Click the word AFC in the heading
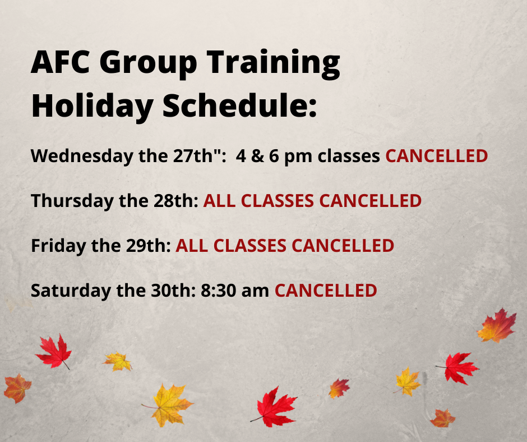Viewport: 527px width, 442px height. tap(61, 62)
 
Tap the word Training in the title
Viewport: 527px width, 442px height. tap(273, 65)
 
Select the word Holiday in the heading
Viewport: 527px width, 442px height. tap(93, 107)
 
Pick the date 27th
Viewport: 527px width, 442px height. tap(193, 156)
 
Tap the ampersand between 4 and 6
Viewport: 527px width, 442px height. tap(257, 156)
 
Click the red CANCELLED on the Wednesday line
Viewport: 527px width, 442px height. tap(437, 156)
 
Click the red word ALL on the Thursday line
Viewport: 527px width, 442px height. tap(219, 201)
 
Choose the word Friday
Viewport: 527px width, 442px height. tap(58, 246)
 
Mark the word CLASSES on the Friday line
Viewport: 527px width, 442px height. tap(249, 246)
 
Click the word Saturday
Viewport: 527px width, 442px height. tap(71, 291)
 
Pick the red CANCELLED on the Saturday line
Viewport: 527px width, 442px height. tap(326, 291)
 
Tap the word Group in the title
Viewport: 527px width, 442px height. tap(148, 65)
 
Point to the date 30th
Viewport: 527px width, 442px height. tap(171, 291)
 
